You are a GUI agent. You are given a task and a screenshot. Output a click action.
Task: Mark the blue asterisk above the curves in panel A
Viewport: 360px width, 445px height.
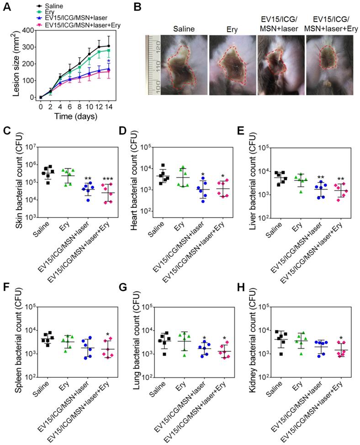[x=108, y=61]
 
